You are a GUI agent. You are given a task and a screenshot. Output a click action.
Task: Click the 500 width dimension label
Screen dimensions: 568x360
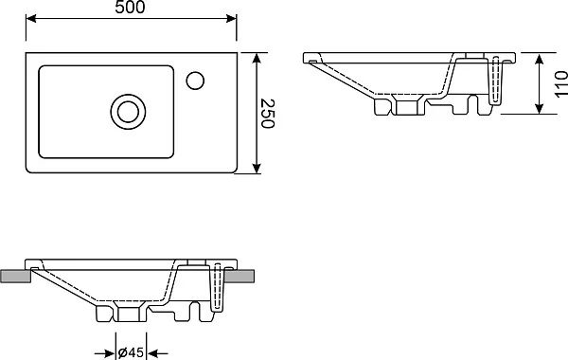tap(130, 7)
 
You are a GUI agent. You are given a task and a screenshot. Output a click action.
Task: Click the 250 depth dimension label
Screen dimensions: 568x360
tap(268, 114)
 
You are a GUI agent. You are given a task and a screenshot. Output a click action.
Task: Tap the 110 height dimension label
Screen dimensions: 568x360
tap(560, 84)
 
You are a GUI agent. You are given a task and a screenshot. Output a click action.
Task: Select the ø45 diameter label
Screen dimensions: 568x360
tap(131, 352)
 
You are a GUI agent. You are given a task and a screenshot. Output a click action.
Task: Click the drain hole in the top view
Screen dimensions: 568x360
tap(128, 112)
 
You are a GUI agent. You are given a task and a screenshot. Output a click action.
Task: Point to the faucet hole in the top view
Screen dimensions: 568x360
tap(195, 81)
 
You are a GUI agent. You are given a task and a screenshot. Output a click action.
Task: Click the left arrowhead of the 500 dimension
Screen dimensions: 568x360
tap(31, 18)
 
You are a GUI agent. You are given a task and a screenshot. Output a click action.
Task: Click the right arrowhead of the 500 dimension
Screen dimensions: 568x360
tap(232, 18)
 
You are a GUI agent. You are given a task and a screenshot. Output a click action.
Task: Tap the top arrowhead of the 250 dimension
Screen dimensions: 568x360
tap(257, 59)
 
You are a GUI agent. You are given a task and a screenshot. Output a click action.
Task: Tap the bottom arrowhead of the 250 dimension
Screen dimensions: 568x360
tap(257, 168)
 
